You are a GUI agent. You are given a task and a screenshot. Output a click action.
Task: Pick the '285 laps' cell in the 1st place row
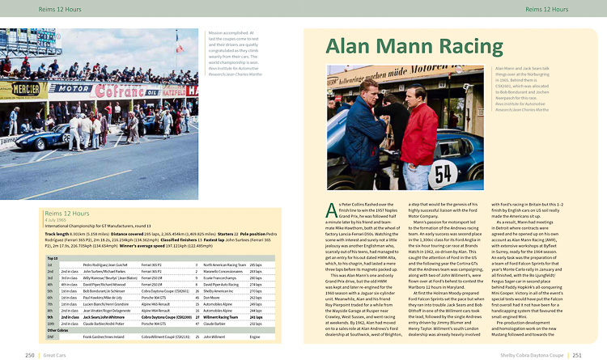tap(255, 265)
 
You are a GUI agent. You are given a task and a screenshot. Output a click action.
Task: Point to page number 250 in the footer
tap(30, 354)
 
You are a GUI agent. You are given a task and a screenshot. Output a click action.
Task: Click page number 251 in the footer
tap(577, 354)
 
